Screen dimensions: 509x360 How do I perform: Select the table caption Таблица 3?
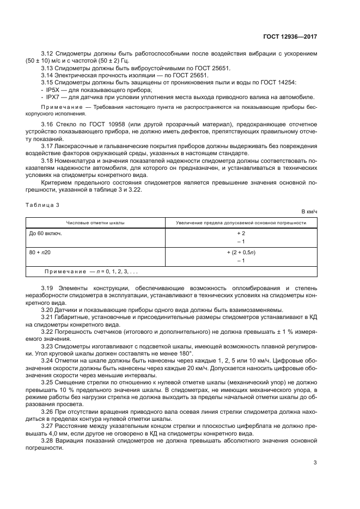[x=40, y=205]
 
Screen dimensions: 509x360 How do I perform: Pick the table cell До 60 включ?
[x=45, y=233]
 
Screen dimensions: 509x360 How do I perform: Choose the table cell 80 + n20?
[x=44, y=253]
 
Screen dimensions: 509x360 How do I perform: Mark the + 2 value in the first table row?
[x=240, y=233]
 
